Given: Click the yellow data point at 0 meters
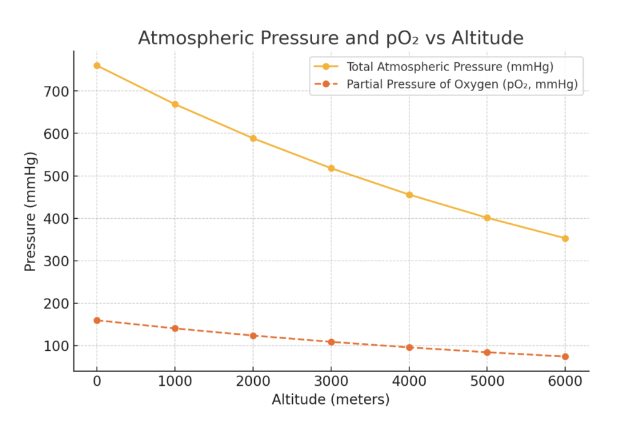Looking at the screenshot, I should (97, 65).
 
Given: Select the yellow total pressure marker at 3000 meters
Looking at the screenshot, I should (331, 168).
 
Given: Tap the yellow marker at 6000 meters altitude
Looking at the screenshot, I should (565, 238).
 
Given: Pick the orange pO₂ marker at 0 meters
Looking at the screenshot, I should (97, 320).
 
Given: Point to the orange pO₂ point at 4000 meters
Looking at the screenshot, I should (409, 347).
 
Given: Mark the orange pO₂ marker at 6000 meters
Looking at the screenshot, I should (565, 357).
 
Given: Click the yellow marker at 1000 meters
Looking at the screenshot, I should (175, 104).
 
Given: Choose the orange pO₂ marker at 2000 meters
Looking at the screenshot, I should (253, 336).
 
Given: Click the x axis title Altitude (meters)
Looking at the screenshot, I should (330, 400).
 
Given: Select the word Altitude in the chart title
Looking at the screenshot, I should (486, 38).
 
